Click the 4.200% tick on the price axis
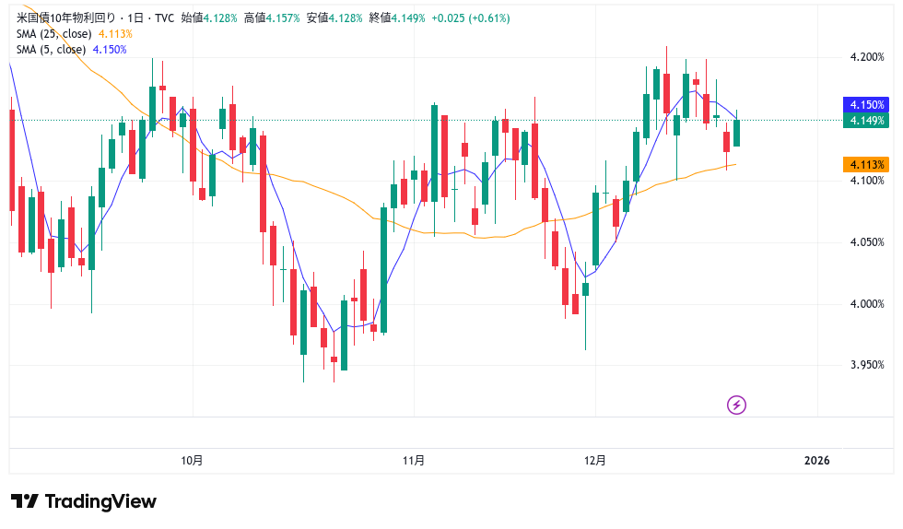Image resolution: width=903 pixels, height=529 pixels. (x=866, y=57)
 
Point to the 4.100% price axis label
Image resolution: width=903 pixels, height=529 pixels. (x=866, y=181)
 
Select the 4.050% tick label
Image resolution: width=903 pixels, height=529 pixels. (x=866, y=242)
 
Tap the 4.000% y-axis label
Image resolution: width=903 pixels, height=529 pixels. (x=866, y=304)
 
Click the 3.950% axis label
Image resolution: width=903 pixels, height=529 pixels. (x=866, y=365)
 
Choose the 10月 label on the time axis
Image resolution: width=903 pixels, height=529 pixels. (x=193, y=461)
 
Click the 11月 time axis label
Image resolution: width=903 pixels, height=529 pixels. (x=414, y=461)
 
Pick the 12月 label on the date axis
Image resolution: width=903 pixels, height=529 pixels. (x=595, y=461)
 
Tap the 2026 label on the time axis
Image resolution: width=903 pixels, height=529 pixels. (x=816, y=461)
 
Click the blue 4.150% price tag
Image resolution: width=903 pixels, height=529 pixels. (x=866, y=105)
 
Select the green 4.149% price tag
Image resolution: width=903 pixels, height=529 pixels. (x=866, y=121)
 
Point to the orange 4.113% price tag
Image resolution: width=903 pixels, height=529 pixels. (x=866, y=164)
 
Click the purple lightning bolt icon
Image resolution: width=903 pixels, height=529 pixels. (x=736, y=405)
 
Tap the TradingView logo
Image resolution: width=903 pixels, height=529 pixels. (x=84, y=501)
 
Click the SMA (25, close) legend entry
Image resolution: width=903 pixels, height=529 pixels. (x=53, y=34)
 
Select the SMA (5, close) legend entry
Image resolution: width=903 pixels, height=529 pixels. (x=51, y=50)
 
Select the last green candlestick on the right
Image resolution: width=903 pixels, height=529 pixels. (x=737, y=133)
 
